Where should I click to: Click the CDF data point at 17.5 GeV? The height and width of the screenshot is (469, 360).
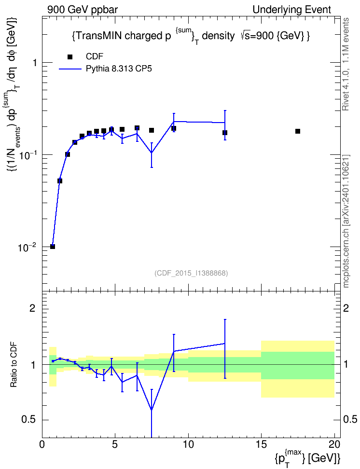(297, 131)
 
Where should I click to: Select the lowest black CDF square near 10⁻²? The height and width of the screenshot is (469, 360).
(53, 247)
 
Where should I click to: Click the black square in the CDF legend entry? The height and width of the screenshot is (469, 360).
(70, 56)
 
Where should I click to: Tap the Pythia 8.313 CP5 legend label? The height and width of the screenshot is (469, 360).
(119, 69)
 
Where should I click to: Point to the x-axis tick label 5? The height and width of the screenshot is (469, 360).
(115, 445)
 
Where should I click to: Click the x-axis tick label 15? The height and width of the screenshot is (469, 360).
(261, 445)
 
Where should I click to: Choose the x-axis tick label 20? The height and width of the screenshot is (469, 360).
(334, 445)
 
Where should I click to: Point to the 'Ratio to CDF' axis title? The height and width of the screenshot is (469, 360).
(14, 365)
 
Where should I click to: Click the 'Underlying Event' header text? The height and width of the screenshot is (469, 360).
(292, 10)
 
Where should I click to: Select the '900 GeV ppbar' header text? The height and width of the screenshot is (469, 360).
(83, 10)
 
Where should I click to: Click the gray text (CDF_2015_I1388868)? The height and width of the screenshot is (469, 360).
(191, 273)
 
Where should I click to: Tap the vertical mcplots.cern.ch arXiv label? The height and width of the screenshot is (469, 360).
(346, 221)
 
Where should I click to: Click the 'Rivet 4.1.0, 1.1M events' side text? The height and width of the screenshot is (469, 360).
(346, 64)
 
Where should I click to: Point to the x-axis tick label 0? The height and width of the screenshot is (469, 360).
(42, 445)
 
